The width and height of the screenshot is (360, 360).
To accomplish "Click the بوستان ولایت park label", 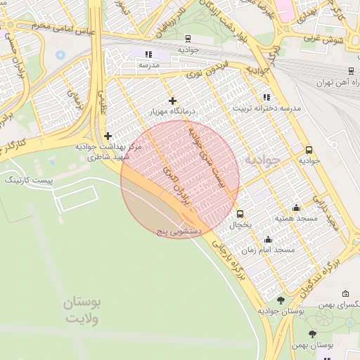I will [x=83, y=310].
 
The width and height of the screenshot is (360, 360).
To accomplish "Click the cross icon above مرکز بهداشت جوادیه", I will [x=107, y=136].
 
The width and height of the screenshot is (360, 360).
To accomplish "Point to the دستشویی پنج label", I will [x=179, y=230].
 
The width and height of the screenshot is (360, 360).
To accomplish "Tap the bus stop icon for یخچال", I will [x=240, y=214].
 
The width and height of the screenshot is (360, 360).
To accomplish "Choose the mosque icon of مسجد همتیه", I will [x=296, y=207].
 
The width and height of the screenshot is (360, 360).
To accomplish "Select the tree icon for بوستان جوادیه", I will [x=281, y=300].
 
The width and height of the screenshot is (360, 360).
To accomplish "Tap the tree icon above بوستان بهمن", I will [x=312, y=334].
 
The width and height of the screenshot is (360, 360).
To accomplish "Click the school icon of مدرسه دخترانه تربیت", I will [x=266, y=97].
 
